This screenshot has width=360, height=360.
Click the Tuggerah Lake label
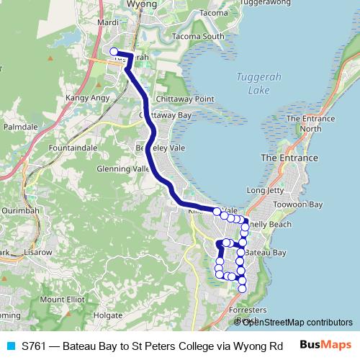252,85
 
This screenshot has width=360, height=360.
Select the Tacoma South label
193,36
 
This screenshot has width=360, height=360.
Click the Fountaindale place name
72,147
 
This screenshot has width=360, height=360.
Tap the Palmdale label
20,125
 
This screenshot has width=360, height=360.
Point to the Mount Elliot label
62,299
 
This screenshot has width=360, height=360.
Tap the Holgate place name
108,315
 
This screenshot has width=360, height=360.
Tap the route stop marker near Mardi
114,51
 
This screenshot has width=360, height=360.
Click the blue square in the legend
10,345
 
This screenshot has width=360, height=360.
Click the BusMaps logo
325,345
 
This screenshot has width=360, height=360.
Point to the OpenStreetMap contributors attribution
297,322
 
